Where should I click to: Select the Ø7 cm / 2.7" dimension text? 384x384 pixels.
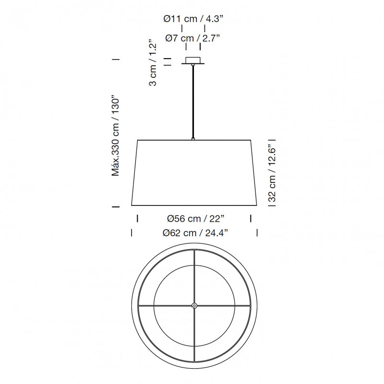193,38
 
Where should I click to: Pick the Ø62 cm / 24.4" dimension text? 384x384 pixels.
195,233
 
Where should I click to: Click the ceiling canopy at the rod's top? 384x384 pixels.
193,61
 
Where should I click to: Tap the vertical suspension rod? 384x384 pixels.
193,101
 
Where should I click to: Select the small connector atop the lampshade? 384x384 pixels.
193,139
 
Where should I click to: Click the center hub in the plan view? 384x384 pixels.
194,305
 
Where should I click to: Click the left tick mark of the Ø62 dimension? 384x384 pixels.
132,233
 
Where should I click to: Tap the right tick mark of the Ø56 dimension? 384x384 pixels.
251,218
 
